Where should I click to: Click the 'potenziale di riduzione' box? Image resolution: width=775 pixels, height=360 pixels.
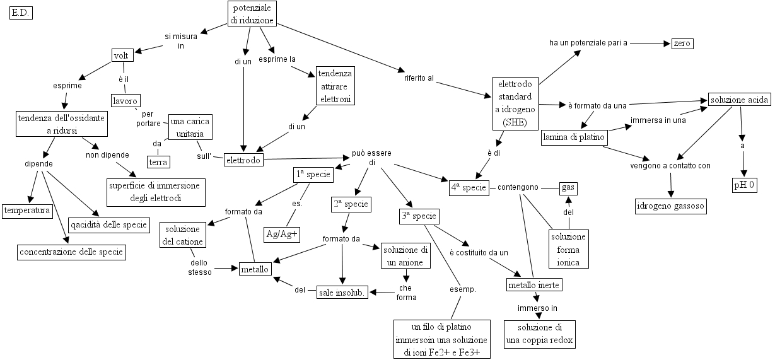252,15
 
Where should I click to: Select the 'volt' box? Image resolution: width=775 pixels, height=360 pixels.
121,55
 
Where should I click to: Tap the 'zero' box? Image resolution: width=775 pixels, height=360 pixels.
682,44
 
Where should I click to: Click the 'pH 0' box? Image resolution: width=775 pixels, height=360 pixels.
745,185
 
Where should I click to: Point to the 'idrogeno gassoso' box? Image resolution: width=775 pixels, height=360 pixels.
670,206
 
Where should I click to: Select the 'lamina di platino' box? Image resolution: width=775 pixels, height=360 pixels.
574,137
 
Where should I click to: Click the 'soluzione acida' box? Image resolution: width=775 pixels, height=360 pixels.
739,100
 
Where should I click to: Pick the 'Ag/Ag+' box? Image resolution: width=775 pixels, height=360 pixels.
282,234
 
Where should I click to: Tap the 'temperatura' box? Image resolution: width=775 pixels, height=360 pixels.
26,211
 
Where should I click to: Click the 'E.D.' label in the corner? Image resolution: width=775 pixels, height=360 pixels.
21,13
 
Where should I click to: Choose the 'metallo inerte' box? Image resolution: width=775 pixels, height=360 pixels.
534,285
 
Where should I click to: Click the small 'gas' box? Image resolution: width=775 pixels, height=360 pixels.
569,188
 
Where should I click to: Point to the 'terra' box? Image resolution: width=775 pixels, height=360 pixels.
158,162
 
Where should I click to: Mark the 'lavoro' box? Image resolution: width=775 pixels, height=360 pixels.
125,100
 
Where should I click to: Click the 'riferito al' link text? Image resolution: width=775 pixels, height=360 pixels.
419,78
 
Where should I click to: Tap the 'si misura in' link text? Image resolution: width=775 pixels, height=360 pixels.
180,41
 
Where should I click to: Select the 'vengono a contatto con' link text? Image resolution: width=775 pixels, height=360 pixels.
670,166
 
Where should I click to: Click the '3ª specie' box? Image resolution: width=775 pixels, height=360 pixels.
419,216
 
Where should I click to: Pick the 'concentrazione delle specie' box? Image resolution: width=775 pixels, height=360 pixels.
71,252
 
